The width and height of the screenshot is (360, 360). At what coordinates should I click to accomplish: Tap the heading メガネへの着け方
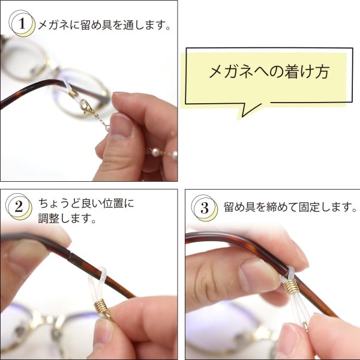269,72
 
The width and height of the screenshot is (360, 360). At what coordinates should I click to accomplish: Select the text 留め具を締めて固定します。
290,208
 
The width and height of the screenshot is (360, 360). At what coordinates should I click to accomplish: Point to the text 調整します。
67,219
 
